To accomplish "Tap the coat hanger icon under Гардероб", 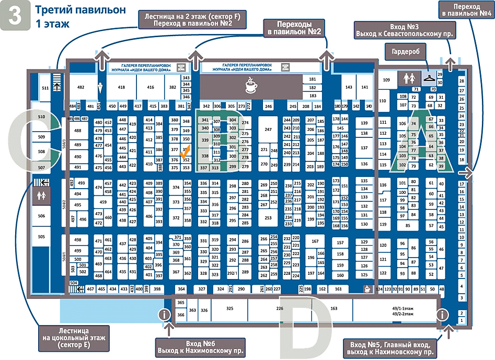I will point(429,78).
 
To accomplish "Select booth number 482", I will point(80,87).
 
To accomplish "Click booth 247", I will point(268,129).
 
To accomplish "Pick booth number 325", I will point(229,309).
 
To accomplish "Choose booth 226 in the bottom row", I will point(280,309).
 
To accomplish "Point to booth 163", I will point(333,309).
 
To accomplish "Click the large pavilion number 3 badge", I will point(16,15).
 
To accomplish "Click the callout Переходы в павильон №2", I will point(294,28).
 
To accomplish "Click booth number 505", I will point(41,237).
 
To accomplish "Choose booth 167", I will point(315,241).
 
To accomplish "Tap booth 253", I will point(268,217).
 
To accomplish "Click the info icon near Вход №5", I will point(443,315).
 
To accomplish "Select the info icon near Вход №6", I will point(165,315).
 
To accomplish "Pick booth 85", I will point(408,226).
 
